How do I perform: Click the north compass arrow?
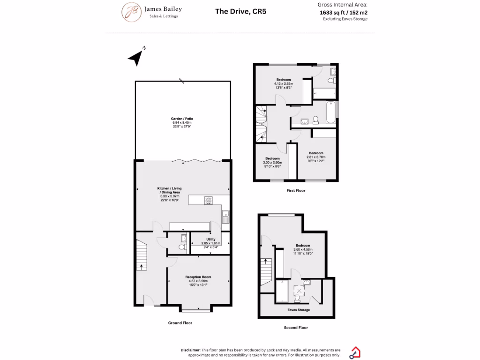point(136,58)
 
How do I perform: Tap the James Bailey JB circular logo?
point(132,12)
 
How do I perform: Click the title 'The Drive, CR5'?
point(240,11)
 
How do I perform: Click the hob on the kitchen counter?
point(208,200)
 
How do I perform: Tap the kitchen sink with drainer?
point(225,217)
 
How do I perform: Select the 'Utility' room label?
point(210,240)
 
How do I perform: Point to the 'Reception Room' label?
point(198,277)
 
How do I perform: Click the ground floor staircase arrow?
point(140,267)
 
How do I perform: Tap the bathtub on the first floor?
point(331,113)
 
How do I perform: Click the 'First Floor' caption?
point(296,191)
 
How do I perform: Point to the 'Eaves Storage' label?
point(299,310)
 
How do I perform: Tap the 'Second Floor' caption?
point(296,328)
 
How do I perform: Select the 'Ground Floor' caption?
point(180,322)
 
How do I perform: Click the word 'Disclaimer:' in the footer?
point(190,350)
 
